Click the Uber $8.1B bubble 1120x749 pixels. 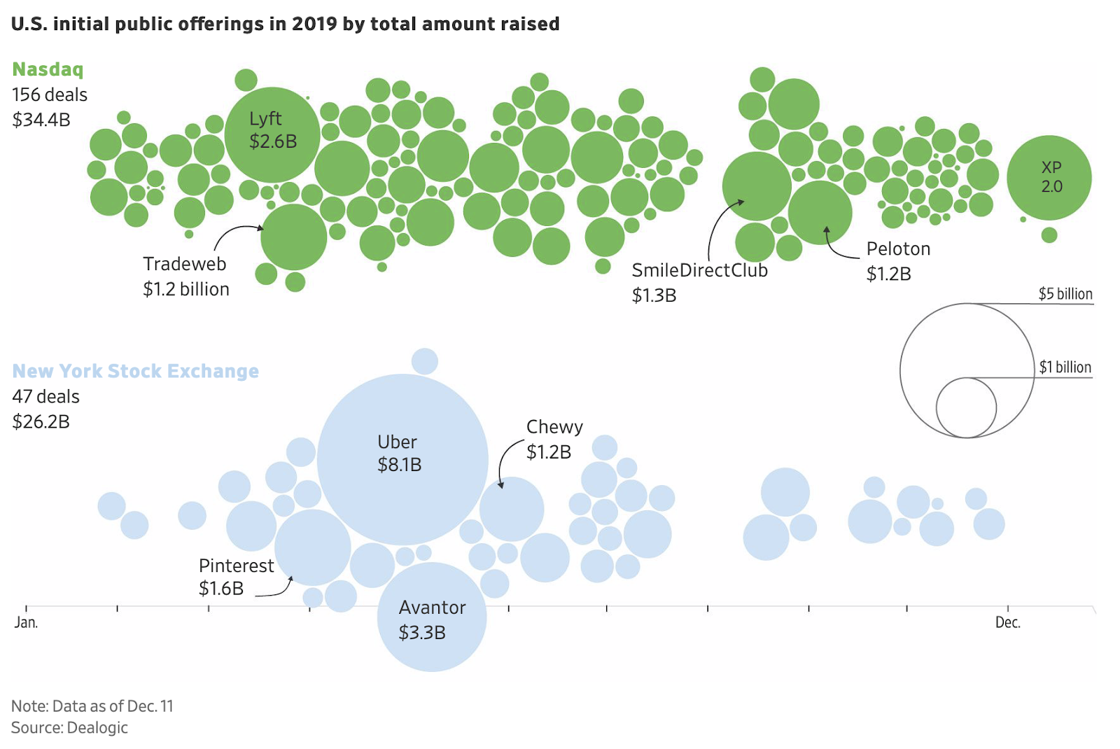[402, 459]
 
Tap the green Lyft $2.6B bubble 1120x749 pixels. [272, 134]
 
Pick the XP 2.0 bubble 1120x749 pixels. [1049, 178]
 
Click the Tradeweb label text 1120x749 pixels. [185, 264]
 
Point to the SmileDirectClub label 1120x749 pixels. [699, 271]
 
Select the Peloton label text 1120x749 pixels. [898, 249]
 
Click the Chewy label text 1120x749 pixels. [554, 427]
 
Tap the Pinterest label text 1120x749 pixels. [236, 566]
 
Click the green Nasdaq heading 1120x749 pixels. [48, 69]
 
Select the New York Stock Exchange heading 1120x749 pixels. [135, 371]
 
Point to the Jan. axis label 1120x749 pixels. [26, 622]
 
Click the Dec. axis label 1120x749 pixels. [1008, 622]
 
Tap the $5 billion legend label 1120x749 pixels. [1065, 294]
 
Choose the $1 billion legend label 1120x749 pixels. [1065, 367]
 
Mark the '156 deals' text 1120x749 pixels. [50, 94]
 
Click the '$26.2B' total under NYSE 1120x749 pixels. [41, 421]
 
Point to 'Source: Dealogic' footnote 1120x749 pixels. [69, 728]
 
